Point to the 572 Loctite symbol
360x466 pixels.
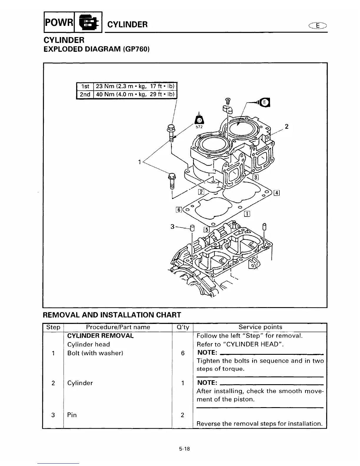pos(199,122)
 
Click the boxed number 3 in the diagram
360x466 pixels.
pos(256,177)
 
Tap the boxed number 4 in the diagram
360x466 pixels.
pos(276,193)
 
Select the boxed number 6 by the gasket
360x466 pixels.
pos(178,210)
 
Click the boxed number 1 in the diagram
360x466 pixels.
pos(247,214)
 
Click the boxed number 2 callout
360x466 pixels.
pos(201,192)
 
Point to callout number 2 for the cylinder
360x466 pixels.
pos(286,127)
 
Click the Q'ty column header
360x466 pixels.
pos(182,327)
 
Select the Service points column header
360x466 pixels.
pos(260,327)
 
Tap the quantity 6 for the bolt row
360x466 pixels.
pos(183,353)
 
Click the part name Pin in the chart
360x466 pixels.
pos(72,415)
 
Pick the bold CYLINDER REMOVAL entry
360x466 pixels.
pos(100,336)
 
